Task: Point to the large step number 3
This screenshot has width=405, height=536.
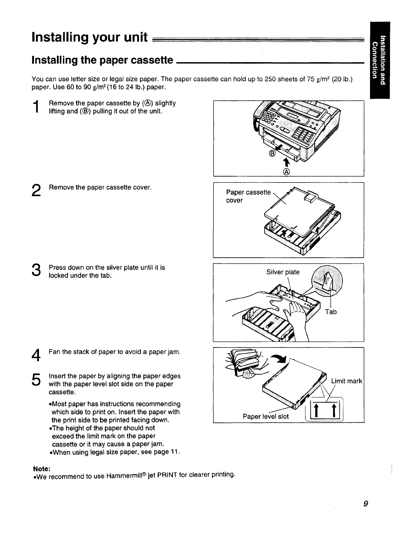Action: click(37, 271)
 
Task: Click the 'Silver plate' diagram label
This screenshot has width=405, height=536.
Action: click(283, 272)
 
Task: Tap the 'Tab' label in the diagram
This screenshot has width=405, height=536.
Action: click(331, 312)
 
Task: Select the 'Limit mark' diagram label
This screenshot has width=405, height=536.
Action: click(346, 381)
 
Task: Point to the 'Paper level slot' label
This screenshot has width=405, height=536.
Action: click(265, 416)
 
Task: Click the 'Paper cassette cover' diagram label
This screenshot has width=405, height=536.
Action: click(248, 196)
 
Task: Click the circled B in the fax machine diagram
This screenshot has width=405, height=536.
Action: click(272, 154)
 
